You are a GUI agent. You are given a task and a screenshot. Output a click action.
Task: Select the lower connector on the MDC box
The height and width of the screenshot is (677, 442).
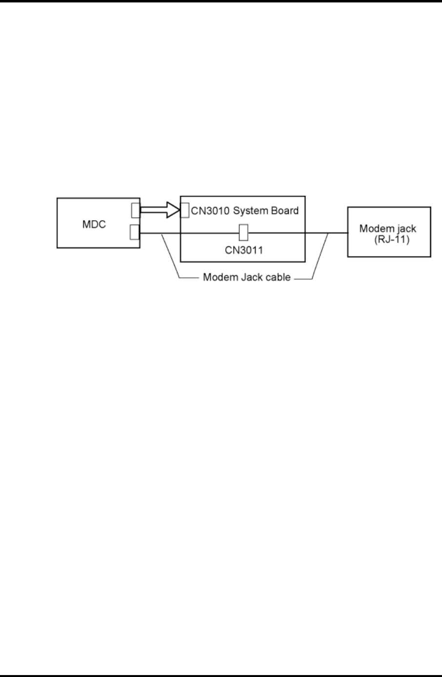[x=135, y=232]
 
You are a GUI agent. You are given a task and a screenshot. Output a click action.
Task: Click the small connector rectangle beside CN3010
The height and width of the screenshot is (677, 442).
[x=185, y=210]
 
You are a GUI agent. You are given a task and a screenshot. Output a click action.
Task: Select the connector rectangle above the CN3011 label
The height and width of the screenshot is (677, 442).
[x=244, y=233]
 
